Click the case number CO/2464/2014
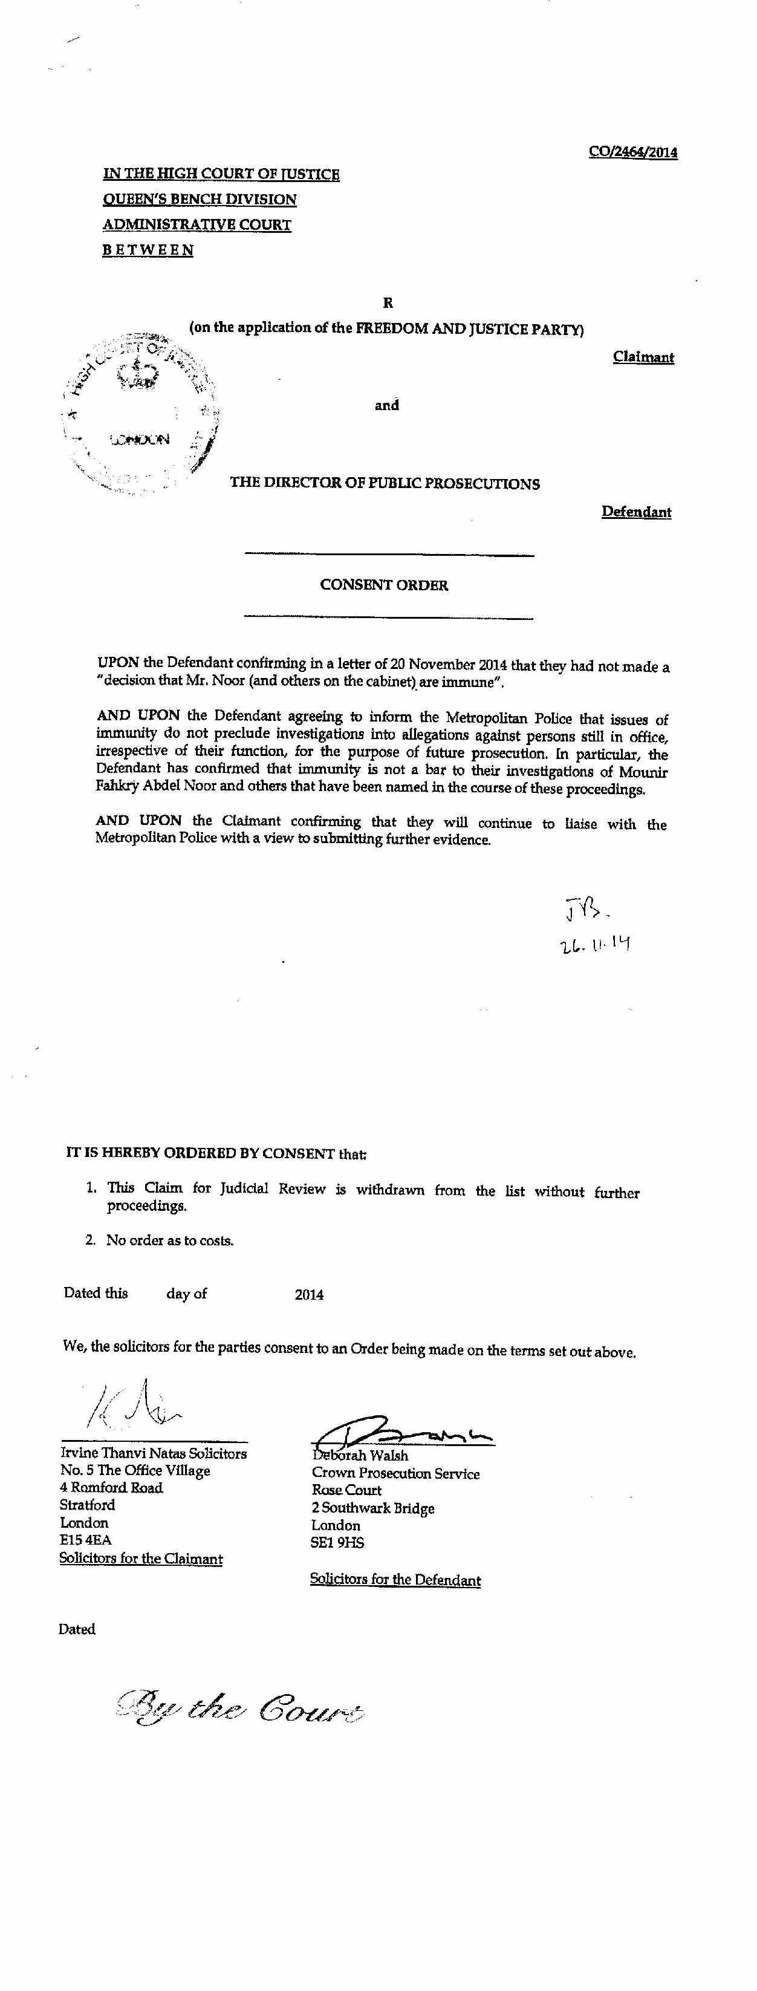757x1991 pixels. coord(632,152)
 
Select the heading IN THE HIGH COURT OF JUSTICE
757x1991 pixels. coord(221,175)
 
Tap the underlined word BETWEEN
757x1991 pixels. coord(148,250)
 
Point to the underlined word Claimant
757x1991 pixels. coord(643,357)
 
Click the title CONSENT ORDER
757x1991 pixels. coord(384,585)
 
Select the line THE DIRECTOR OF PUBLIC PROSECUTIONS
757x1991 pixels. coord(385,484)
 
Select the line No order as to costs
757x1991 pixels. coord(170,1240)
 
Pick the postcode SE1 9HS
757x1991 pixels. coord(337,1543)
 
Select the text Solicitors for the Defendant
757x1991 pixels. coord(395,1580)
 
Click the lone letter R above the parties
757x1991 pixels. coord(388,303)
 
